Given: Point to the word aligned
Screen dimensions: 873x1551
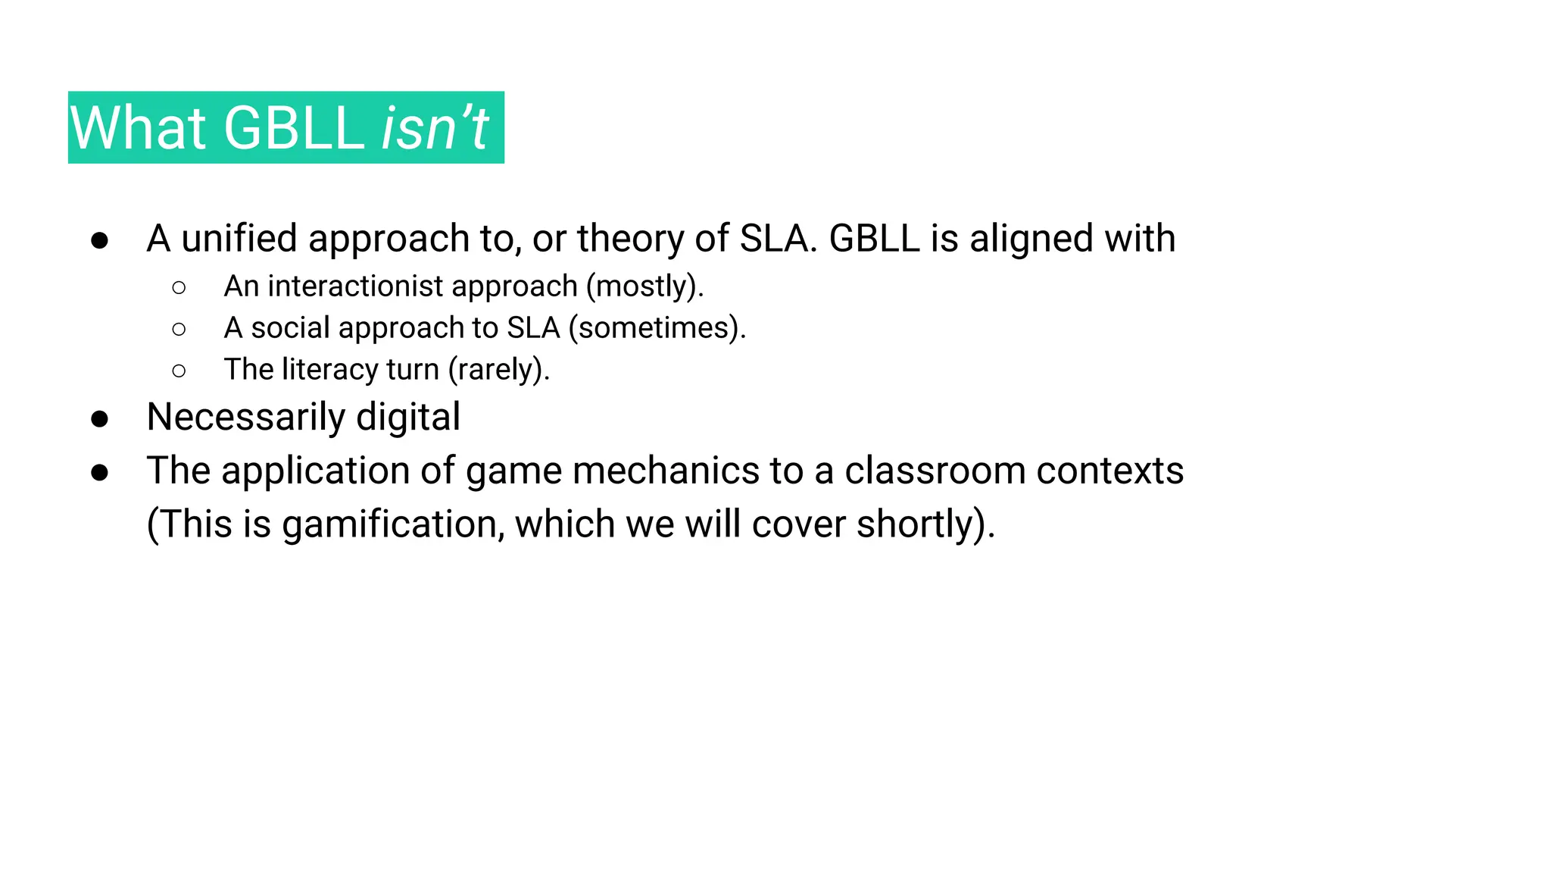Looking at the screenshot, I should tap(1031, 239).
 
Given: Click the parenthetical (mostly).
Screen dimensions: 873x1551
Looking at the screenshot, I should tap(644, 286).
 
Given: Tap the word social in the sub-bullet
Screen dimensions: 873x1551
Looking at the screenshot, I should tap(291, 328).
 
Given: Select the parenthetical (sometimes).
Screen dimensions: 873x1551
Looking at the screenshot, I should tap(657, 328).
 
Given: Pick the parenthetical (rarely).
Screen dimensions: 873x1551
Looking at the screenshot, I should tap(498, 370).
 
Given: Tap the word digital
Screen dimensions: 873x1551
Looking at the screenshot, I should tap(408, 418).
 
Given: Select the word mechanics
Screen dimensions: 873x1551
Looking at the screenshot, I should tap(666, 471).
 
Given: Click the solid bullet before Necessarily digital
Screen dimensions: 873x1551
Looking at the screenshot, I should tap(99, 419).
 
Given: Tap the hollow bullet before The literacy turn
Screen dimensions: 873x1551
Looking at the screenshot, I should tap(179, 371).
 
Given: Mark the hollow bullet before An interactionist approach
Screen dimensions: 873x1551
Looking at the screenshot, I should tap(179, 288).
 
